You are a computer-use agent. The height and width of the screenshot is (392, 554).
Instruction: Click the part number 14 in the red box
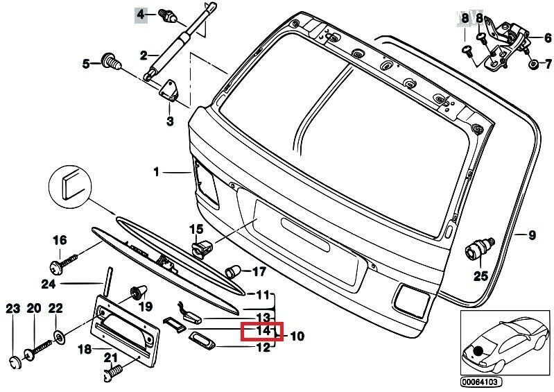pos(262,332)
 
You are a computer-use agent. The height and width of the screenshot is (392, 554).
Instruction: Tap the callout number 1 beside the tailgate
pos(157,171)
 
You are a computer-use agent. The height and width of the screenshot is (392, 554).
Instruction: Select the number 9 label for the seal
pos(532,236)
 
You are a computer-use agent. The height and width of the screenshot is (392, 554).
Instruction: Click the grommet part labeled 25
pos(480,247)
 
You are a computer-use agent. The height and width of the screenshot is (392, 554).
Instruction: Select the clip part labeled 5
pos(110,62)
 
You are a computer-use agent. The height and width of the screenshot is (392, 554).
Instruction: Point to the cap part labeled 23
pos(14,361)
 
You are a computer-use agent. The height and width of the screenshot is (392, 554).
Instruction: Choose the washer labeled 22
pos(58,339)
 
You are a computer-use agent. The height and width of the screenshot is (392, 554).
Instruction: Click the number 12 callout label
pos(263,348)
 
